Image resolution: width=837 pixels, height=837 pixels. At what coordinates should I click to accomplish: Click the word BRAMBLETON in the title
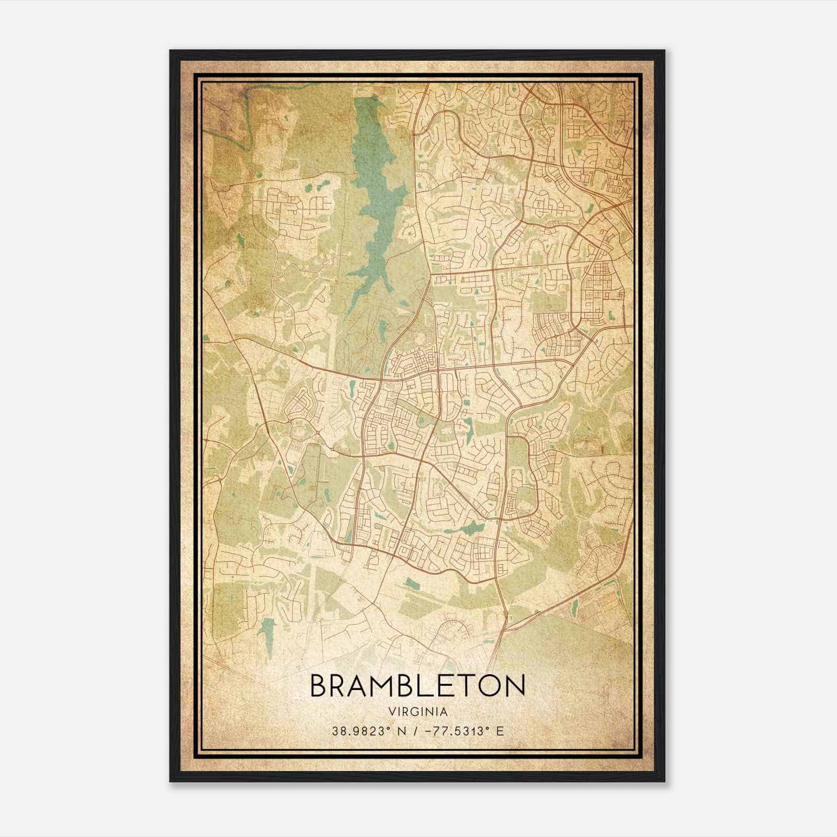click(417, 685)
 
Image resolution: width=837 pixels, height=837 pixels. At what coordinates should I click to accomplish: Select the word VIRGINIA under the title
click(418, 712)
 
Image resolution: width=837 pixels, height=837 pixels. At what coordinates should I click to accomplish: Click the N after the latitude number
click(402, 731)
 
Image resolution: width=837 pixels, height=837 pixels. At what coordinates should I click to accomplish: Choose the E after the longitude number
click(500, 731)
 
